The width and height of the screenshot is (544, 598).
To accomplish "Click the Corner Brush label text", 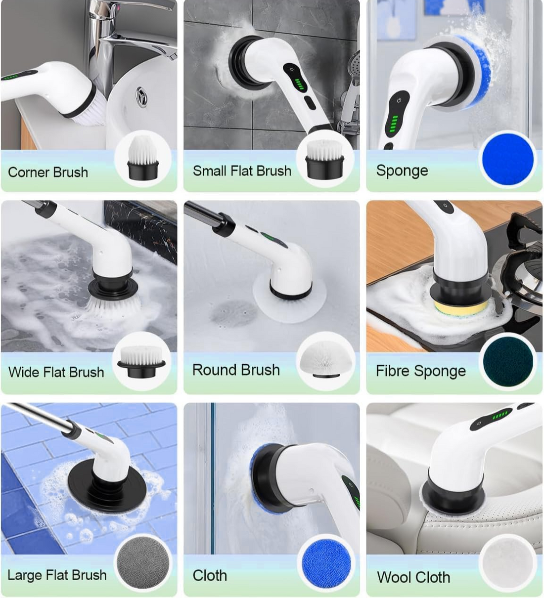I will pyautogui.click(x=48, y=172).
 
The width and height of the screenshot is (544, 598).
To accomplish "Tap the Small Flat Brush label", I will pyautogui.click(x=242, y=171).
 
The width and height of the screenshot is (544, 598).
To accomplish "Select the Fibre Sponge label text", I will pyautogui.click(x=420, y=371).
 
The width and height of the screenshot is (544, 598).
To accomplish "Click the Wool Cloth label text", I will pyautogui.click(x=413, y=577).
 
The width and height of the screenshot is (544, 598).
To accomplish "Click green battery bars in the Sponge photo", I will pyautogui.click(x=394, y=125).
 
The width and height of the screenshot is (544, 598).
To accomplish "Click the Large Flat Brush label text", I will pyautogui.click(x=57, y=575).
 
